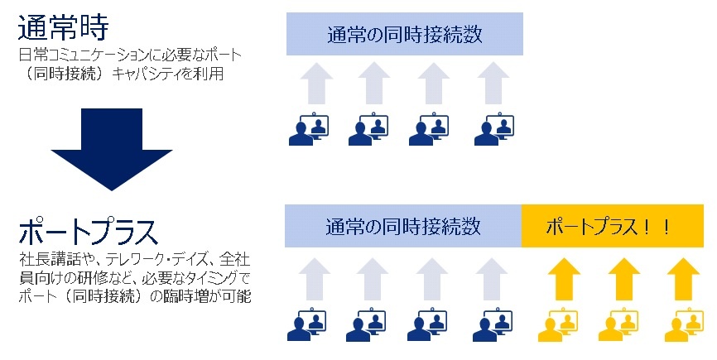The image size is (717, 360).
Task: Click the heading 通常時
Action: coord(63,27)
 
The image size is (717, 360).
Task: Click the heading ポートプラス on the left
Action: coord(89,232)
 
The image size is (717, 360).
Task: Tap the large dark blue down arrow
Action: coord(112,149)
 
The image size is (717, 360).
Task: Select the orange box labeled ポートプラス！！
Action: coord(613,226)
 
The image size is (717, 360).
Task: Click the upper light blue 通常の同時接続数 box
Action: coord(405,34)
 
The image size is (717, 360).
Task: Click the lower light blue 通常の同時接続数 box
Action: coord(403,226)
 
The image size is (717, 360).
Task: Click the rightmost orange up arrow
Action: coord(683,279)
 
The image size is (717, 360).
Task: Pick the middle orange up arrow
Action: coord(624,279)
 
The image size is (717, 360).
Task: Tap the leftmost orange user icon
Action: coord(558,324)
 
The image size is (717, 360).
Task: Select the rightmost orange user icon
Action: coord(684,324)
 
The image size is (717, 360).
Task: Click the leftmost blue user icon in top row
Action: coord(309,129)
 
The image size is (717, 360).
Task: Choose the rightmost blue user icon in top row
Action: coord(494,129)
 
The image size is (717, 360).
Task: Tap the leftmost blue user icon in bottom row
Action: coord(307,324)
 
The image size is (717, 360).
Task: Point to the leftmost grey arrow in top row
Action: coord(316,84)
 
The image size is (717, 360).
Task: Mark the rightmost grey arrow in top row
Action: coord(493,84)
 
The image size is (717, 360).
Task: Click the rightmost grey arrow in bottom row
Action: coord(492,279)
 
